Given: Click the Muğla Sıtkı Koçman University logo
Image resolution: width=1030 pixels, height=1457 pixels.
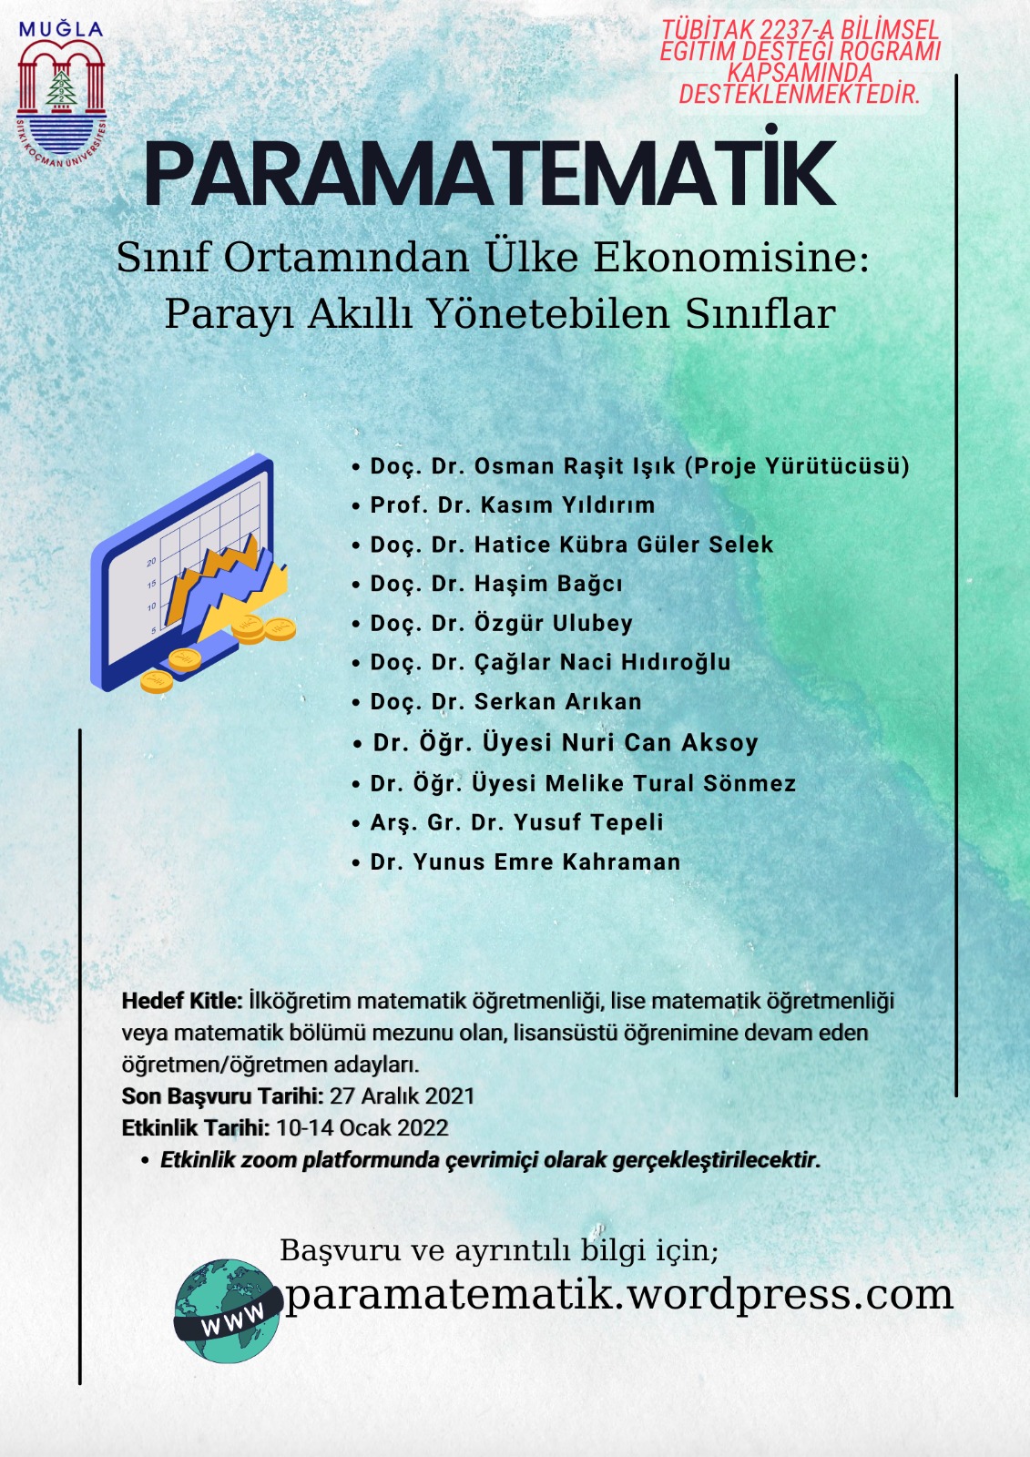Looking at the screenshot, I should pos(61,96).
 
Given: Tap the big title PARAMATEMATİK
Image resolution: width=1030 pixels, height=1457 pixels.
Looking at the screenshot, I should pos(489,173).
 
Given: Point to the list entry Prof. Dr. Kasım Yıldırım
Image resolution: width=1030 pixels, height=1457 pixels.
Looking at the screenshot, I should pos(512,505).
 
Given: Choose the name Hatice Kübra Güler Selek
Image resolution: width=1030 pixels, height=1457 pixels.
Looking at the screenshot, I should pos(623,545).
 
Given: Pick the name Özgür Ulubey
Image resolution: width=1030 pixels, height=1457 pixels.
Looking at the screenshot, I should pos(553,623).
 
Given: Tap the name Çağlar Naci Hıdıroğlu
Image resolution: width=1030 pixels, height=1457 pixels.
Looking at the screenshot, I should pos(602,662).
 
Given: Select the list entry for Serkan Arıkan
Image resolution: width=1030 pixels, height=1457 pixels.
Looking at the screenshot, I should pos(557,701).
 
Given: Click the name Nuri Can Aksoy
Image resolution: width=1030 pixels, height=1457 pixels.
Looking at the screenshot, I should pos(659,743).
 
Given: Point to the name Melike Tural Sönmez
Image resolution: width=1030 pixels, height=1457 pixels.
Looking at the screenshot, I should pos(670,783).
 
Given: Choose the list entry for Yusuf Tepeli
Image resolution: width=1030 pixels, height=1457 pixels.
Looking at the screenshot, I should pos(588,822).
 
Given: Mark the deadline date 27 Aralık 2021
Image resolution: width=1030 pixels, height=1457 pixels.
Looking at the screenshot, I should pos(402,1095).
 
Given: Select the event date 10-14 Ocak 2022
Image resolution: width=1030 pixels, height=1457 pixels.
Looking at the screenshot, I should pos(362,1127).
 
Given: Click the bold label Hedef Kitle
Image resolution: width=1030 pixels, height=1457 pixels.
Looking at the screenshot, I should pos(181,1001).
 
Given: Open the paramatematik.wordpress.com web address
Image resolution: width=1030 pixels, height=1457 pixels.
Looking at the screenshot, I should pos(618,1294).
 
